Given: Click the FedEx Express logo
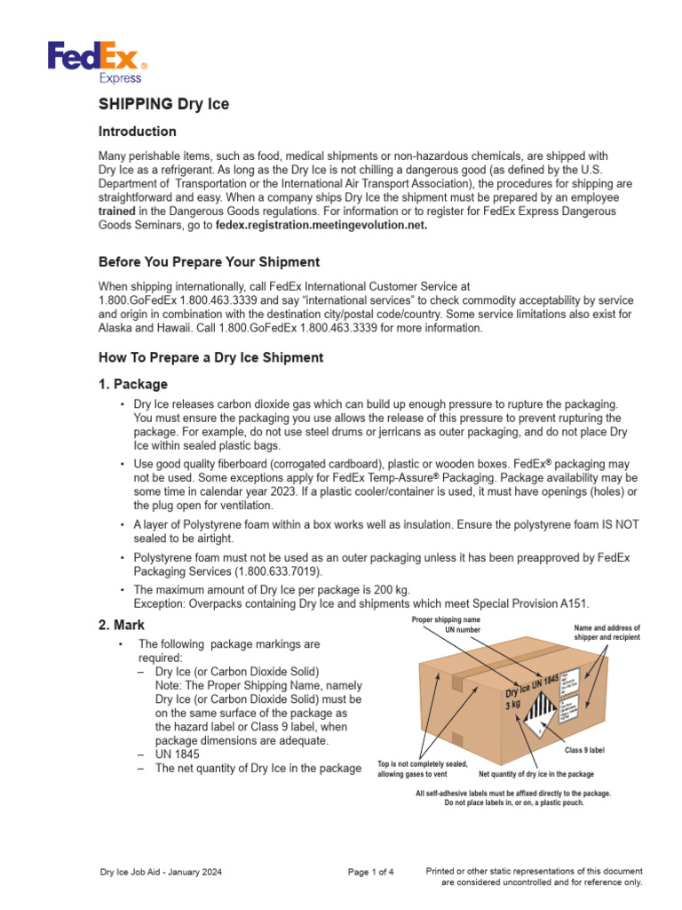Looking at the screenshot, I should pos(98,63).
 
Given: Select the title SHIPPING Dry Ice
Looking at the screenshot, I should pos(163,104).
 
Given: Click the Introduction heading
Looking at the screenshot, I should pos(137,132).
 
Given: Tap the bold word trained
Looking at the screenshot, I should pos(117,212).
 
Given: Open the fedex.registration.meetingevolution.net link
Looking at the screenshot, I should pos(321,226).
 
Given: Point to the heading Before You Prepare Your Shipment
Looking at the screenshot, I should pos(209,262).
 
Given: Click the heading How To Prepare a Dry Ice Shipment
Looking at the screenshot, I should pos(210,357).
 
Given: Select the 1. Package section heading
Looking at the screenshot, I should pos(132,384).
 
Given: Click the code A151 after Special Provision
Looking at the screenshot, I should pos(574,603).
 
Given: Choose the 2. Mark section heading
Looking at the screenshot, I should pos(122,626).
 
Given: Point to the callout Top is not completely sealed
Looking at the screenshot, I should pos(423,769).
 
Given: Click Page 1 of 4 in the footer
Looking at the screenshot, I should pos(371,872).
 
